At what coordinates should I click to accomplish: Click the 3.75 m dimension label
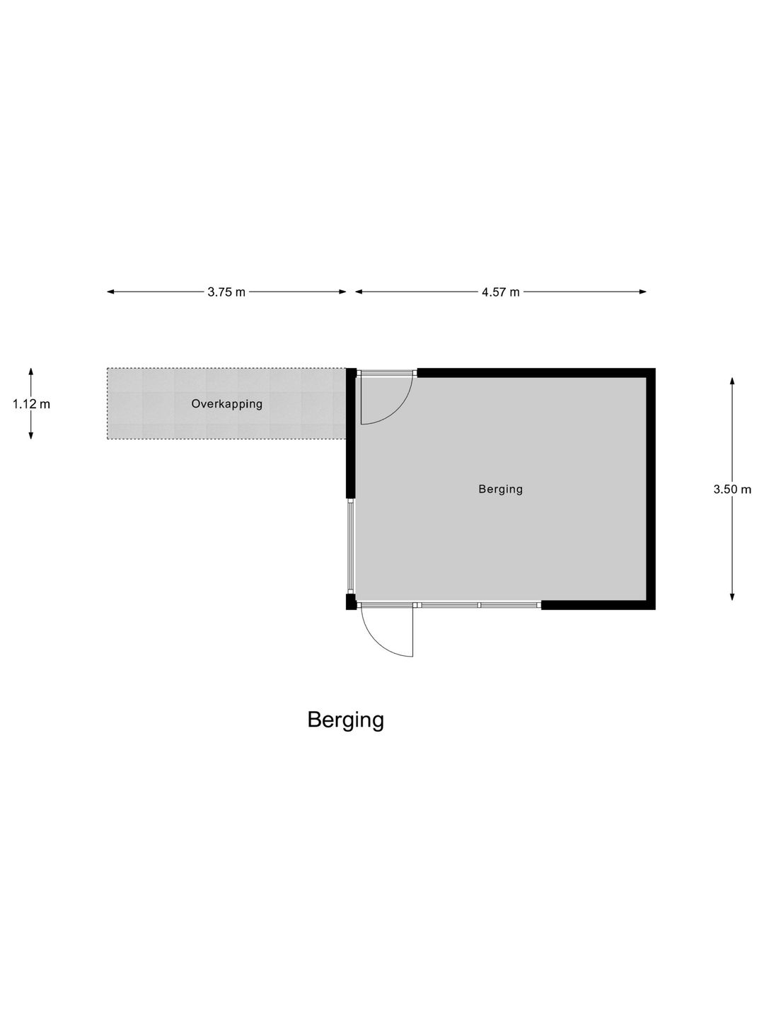pos(226,292)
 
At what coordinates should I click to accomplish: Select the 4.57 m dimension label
pos(501,292)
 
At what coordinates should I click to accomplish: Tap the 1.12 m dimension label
pos(31,404)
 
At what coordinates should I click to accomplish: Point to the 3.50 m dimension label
pos(732,489)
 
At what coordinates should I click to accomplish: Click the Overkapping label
pos(227,404)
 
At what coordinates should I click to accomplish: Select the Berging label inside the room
pos(501,489)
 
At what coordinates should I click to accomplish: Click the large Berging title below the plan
pos(346,720)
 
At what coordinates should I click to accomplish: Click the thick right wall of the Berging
pos(651,489)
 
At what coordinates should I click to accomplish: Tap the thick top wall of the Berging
pos(536,373)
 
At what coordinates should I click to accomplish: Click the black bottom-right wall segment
pos(598,605)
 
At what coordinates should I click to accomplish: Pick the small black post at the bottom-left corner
pos(351,601)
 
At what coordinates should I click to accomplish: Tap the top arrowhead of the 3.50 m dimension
pos(732,381)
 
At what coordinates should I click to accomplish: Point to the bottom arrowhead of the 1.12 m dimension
pos(31,435)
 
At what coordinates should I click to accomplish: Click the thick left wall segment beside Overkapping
pos(351,434)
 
